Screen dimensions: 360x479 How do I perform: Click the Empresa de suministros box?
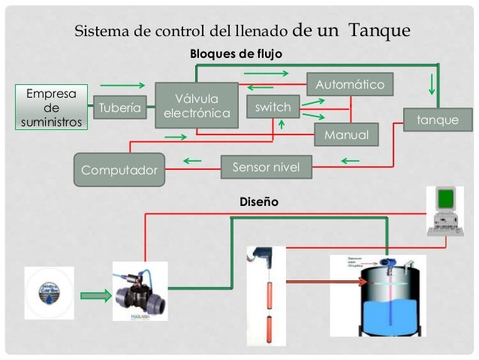coord(51,107)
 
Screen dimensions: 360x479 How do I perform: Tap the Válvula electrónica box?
coord(196,106)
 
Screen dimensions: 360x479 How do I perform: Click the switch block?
coord(273,107)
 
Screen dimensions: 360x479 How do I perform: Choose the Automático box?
coord(350,84)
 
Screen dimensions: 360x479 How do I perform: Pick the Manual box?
coord(346,135)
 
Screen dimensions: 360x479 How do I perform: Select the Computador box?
coord(119,169)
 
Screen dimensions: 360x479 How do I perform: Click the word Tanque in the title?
coord(379,31)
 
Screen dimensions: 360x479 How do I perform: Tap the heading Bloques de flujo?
coord(235,55)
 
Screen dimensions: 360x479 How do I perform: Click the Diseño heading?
coord(258,201)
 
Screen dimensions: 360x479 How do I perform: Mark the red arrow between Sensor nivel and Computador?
coord(192,160)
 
